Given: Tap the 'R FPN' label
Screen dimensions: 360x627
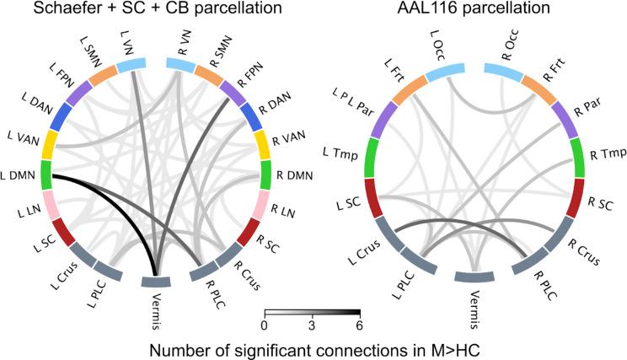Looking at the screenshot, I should [x=251, y=73].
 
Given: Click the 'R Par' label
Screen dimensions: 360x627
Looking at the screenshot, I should [x=588, y=109].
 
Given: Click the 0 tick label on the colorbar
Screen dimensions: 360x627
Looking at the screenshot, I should [x=265, y=325].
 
